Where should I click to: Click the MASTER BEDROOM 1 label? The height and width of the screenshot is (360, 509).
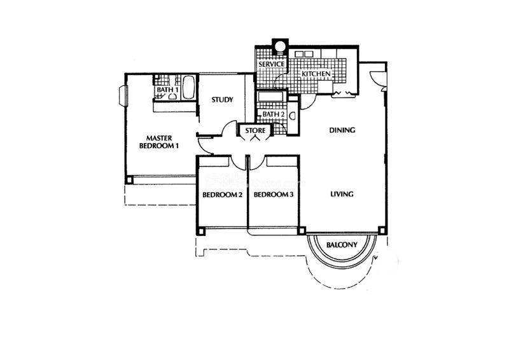[159, 142]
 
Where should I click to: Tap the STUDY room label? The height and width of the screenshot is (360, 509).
[222, 100]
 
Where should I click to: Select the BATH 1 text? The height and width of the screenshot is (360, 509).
[167, 89]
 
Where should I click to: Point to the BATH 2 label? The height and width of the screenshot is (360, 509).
[274, 114]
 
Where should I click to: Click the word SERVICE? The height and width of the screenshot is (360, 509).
[272, 64]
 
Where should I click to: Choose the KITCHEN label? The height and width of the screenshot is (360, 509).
[316, 74]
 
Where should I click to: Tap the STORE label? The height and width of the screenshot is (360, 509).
[255, 130]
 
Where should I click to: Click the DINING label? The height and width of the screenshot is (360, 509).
[342, 130]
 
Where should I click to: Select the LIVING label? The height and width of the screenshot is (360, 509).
[342, 194]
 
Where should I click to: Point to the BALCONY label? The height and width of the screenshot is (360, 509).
[342, 245]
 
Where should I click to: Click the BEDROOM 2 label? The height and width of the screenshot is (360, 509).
[222, 195]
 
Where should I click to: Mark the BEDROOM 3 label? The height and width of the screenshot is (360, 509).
[274, 195]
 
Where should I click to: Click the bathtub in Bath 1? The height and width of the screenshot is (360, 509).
[188, 88]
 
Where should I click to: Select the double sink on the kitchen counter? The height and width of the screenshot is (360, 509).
[303, 54]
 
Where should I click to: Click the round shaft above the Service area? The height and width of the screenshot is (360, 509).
[279, 45]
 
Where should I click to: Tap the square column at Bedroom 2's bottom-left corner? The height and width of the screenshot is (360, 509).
[201, 231]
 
